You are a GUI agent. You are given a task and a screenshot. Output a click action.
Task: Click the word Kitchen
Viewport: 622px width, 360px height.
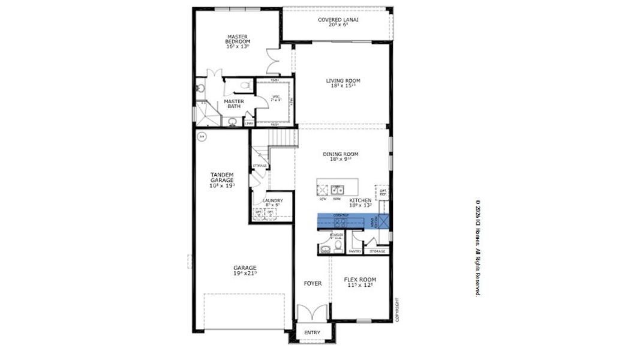360,200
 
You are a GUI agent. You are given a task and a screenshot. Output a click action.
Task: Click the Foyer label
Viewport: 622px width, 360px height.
312,283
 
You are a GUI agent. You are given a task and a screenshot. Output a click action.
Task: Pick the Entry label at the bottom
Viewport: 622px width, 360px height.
312,332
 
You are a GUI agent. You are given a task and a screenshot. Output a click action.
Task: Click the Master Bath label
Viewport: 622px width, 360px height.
234,104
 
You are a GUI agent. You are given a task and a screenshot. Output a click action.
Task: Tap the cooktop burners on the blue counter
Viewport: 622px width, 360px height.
341,222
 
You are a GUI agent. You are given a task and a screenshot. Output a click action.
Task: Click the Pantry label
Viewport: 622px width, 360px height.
354,251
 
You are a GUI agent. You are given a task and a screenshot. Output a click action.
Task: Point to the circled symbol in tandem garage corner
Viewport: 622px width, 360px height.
202,136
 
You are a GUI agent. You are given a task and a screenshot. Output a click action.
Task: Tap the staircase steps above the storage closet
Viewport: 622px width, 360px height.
281,140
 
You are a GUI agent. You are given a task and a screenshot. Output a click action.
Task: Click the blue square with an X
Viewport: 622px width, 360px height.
383,222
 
